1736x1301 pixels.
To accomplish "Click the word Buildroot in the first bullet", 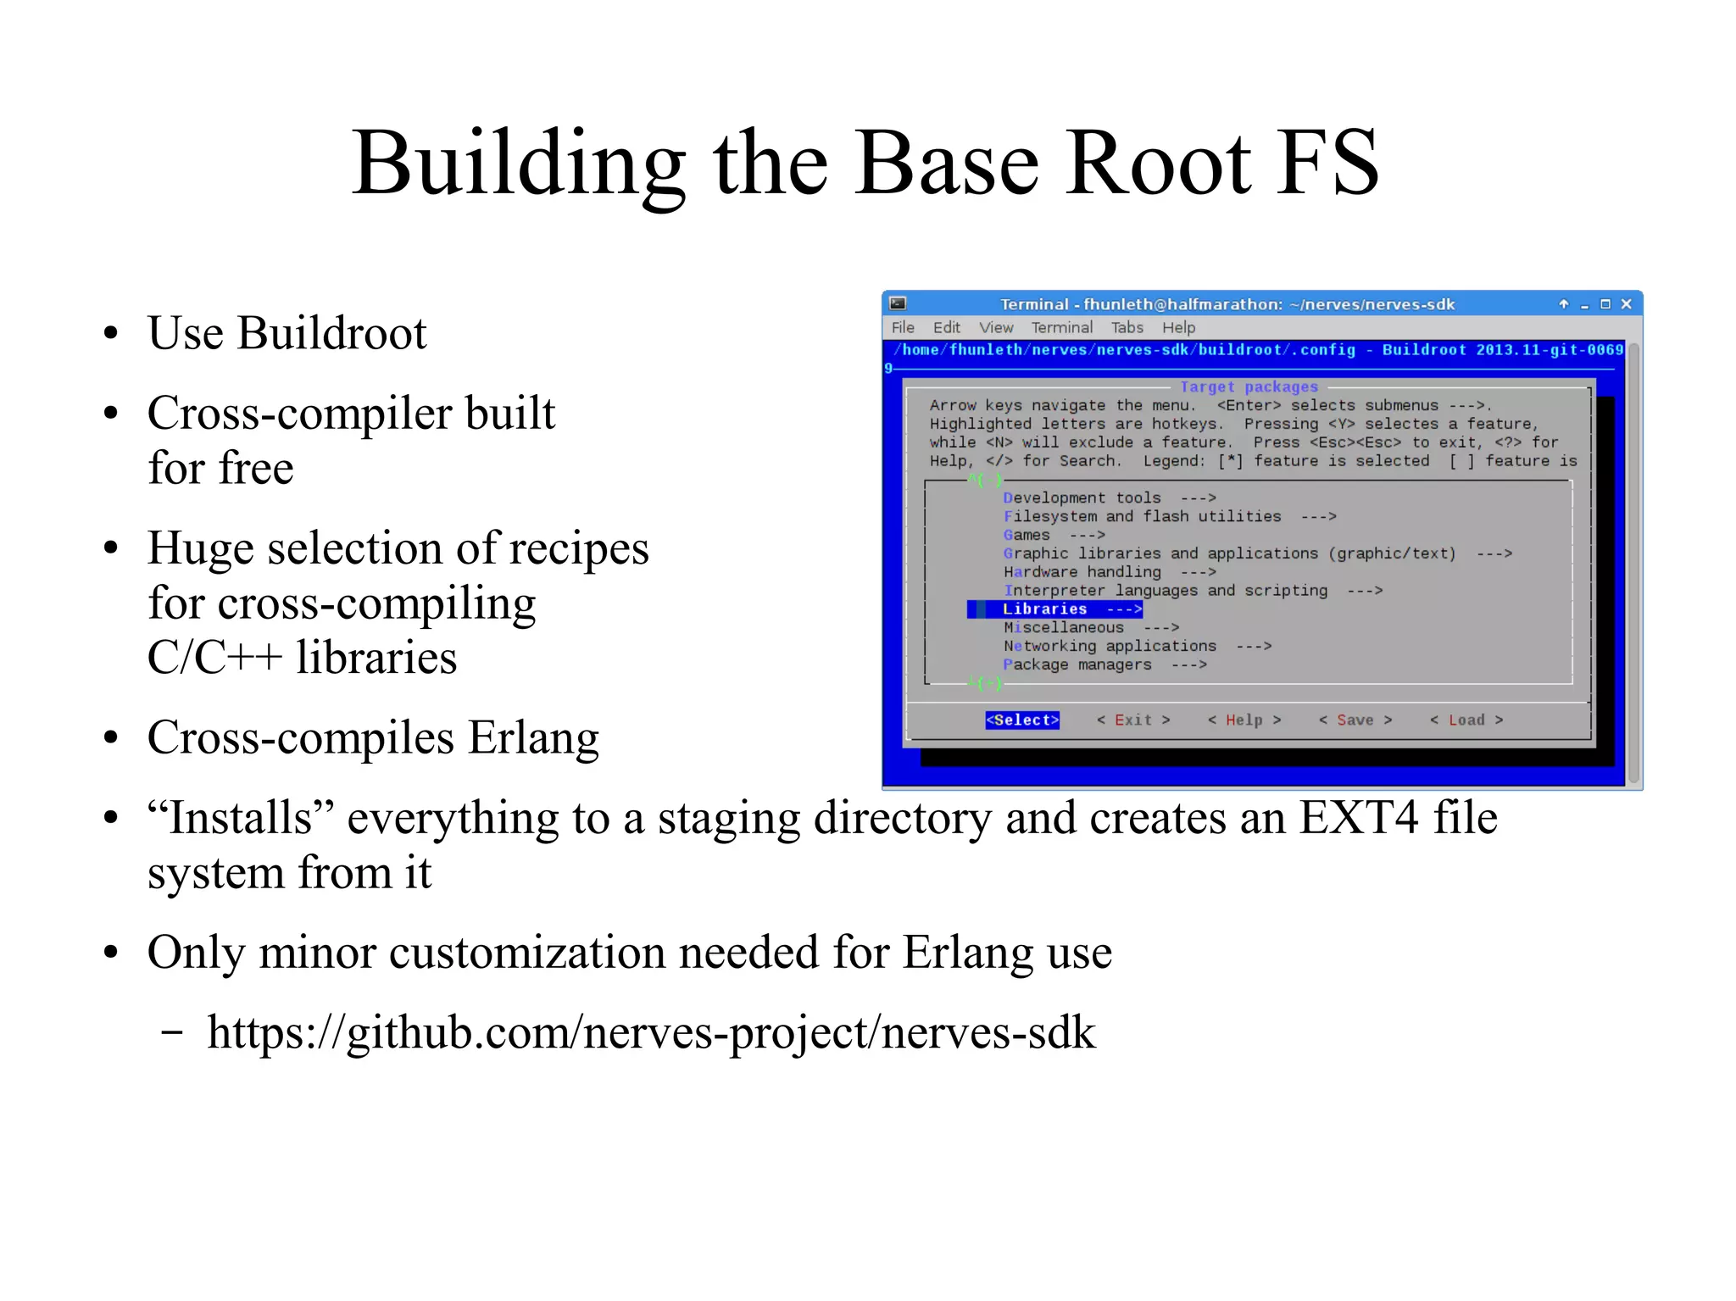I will click(x=331, y=333).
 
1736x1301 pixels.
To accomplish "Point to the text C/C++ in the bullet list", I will click(x=214, y=658).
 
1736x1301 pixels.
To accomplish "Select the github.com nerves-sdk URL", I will click(x=651, y=1033).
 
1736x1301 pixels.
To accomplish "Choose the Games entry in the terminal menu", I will click(x=1027, y=536).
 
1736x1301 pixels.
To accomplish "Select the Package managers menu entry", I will click(x=1077, y=665).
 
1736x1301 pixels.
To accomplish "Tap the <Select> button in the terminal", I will click(x=1022, y=720).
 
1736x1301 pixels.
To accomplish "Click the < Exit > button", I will click(x=1133, y=720).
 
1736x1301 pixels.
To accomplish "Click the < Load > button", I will click(x=1466, y=720).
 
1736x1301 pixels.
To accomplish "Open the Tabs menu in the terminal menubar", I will click(x=1127, y=328).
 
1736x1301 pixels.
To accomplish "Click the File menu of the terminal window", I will click(x=903, y=328).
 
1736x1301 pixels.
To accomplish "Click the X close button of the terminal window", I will click(x=1626, y=304).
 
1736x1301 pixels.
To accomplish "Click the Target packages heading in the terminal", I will click(x=1249, y=387).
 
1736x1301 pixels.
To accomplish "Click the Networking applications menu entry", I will click(x=1110, y=647).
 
